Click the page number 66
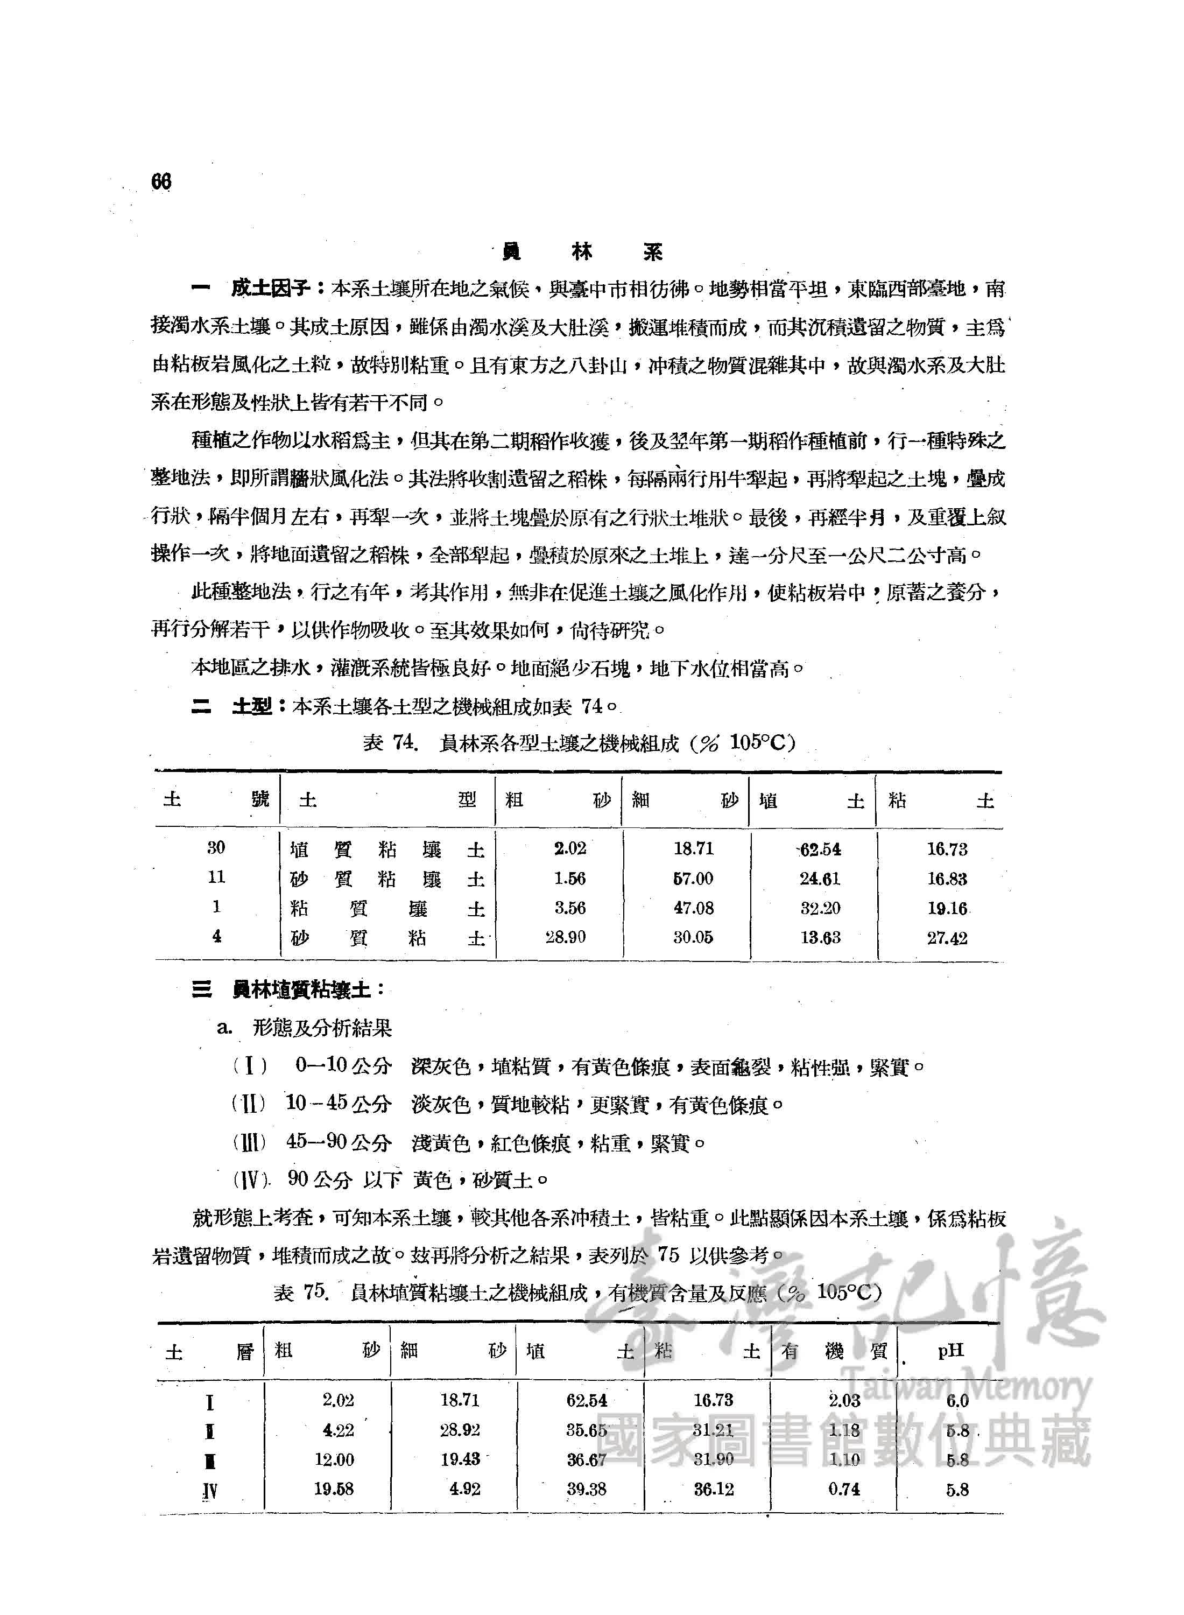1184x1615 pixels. [x=161, y=182]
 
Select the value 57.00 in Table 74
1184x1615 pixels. [x=693, y=878]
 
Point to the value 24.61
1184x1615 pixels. [x=820, y=879]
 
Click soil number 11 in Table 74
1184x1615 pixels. [x=216, y=876]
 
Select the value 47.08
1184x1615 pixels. [x=693, y=908]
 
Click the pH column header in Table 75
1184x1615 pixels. [x=950, y=1351]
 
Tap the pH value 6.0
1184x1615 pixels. [x=957, y=1401]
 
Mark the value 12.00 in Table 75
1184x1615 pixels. [x=334, y=1459]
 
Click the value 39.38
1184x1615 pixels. [x=586, y=1489]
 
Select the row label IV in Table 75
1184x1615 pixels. [x=209, y=1491]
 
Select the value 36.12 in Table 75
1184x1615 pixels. [x=713, y=1489]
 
